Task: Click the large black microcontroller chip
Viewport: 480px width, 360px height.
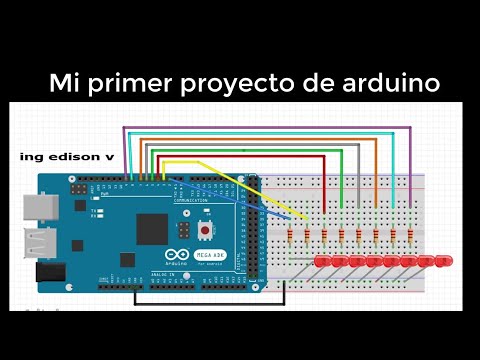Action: (x=151, y=228)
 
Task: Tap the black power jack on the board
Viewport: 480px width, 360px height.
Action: (x=50, y=271)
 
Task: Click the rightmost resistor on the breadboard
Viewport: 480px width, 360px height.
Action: (x=410, y=236)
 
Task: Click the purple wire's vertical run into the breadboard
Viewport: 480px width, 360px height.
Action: (x=410, y=170)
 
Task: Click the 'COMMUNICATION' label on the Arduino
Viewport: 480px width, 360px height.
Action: (x=190, y=200)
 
